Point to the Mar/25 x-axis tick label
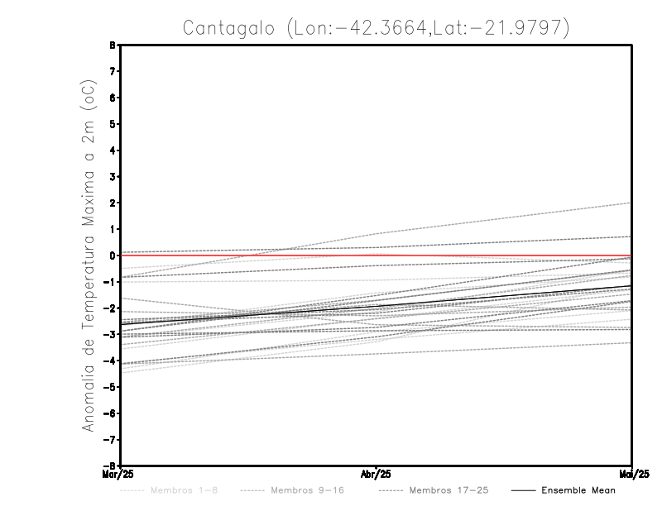pyautogui.click(x=113, y=475)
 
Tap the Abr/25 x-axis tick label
pyautogui.click(x=377, y=475)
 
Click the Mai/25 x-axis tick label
pyautogui.click(x=631, y=475)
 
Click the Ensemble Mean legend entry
pyautogui.click(x=578, y=490)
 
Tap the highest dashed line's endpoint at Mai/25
pyautogui.click(x=631, y=203)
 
